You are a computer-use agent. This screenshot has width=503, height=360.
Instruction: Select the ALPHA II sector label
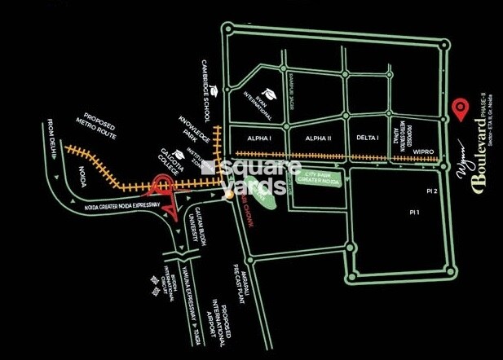(318, 138)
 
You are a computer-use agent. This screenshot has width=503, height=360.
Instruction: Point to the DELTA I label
(366, 138)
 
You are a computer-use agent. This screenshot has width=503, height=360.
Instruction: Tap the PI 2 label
(432, 191)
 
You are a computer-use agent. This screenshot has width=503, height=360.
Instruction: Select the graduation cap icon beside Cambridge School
(213, 90)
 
